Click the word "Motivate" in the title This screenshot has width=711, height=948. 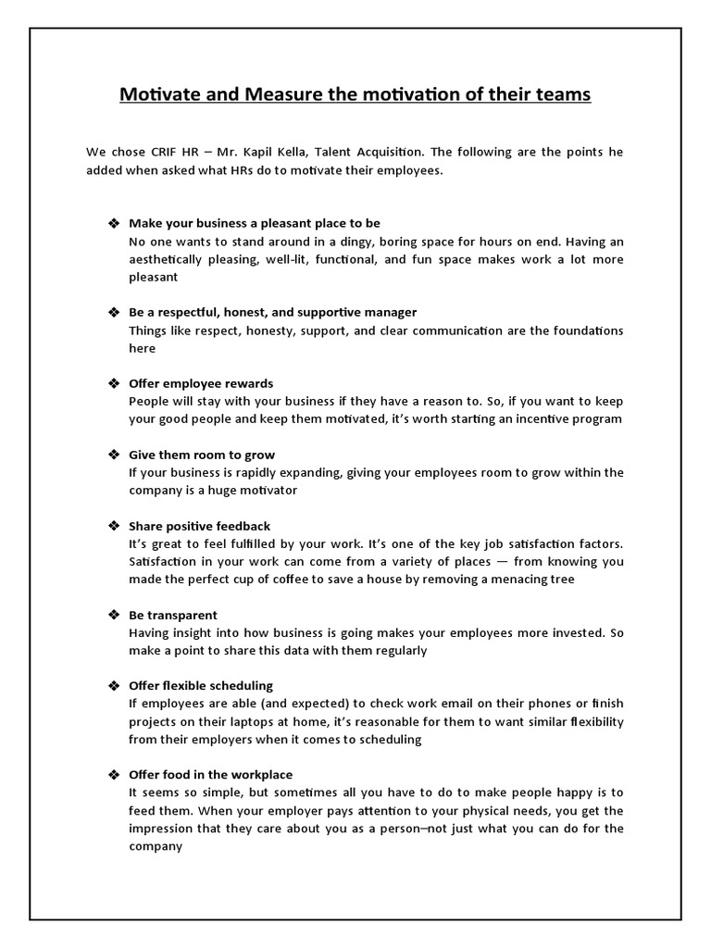coord(157,94)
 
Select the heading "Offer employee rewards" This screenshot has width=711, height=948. coord(201,383)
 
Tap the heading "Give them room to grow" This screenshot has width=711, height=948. coord(202,455)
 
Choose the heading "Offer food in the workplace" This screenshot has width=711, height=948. coord(212,774)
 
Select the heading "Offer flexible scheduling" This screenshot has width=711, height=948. coord(201,685)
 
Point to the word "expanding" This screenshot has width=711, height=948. coord(303,472)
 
